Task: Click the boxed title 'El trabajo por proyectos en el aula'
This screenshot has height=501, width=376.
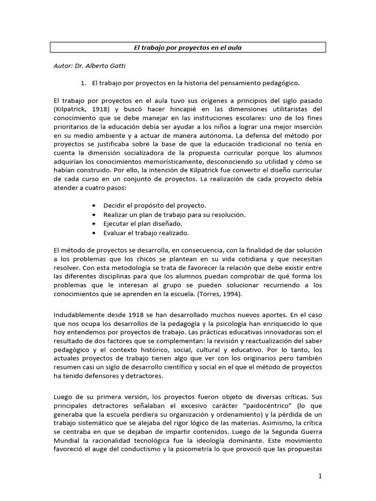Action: pyautogui.click(x=188, y=47)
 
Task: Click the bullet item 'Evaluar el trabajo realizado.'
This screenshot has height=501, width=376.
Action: pyautogui.click(x=146, y=232)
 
